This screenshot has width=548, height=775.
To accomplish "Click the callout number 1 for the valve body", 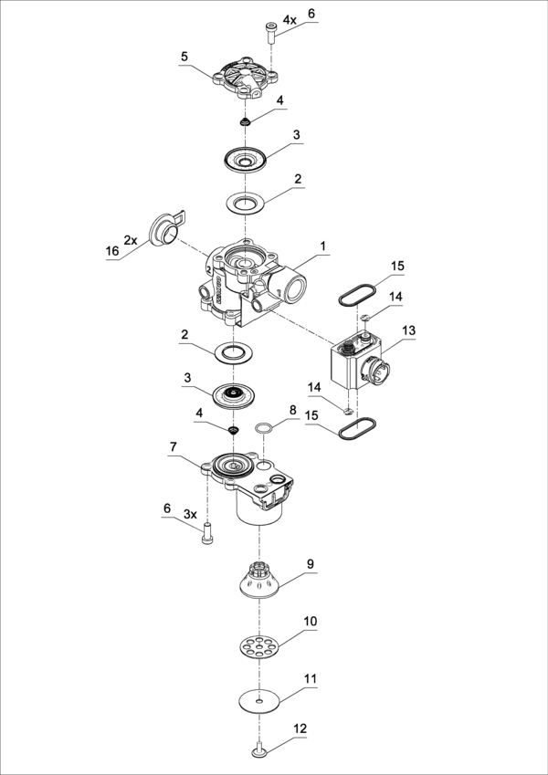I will [x=322, y=246].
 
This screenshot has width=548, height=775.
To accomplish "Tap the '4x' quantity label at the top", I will [x=290, y=19].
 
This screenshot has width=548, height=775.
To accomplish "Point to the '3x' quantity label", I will [x=190, y=514].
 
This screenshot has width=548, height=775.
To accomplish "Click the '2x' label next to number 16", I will [x=131, y=240].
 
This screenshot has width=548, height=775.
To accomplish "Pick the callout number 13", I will [x=408, y=330].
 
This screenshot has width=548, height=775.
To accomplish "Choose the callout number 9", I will [x=310, y=564].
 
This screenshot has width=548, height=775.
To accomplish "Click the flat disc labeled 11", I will [x=258, y=701].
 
